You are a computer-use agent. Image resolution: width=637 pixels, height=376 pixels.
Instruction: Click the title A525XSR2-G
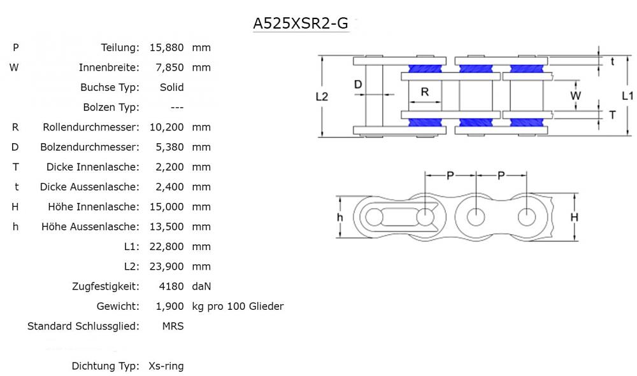tap(301, 24)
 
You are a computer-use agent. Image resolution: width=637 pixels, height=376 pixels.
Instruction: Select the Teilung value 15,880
tap(166, 48)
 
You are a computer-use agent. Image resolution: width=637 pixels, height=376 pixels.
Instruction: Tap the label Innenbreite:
tap(109, 67)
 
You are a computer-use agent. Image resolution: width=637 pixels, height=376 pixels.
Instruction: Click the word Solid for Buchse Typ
tap(172, 87)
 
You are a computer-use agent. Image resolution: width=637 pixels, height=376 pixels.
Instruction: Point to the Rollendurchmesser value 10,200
tap(166, 127)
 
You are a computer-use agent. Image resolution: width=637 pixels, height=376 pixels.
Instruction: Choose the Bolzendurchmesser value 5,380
tap(169, 147)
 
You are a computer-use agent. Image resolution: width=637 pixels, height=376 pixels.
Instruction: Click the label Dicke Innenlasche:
tap(92, 167)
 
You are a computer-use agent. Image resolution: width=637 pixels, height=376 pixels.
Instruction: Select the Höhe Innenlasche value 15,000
tap(166, 207)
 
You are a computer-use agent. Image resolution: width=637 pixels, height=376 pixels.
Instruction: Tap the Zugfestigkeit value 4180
tap(170, 286)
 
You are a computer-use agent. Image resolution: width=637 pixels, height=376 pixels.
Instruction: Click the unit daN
tap(201, 286)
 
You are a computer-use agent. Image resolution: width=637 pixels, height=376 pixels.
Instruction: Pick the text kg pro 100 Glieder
tap(238, 307)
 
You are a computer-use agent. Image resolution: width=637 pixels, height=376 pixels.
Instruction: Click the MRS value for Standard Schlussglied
tap(173, 326)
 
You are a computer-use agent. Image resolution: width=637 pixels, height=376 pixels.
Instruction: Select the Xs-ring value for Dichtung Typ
tap(166, 366)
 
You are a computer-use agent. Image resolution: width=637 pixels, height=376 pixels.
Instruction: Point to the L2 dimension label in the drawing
tap(322, 97)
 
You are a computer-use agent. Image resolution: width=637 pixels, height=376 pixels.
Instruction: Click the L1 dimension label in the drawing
tap(627, 96)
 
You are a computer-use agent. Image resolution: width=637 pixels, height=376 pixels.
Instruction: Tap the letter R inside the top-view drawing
tap(425, 92)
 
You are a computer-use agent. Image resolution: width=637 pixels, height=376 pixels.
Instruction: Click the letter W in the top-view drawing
tap(575, 95)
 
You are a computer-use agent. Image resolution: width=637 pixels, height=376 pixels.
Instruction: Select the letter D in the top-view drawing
tap(358, 84)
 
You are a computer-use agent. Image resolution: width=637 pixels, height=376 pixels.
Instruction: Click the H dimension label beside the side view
tap(574, 217)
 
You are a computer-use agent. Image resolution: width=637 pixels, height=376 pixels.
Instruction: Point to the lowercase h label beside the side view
tap(340, 217)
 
